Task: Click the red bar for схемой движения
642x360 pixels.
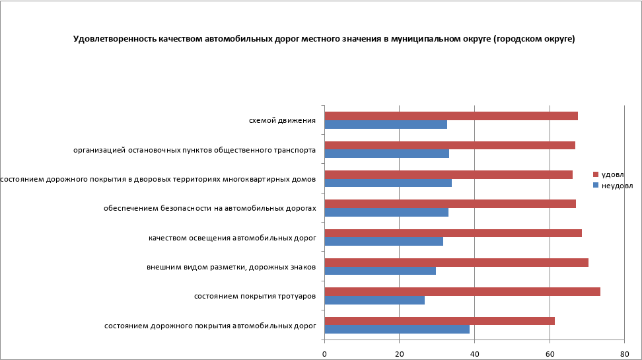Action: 451,116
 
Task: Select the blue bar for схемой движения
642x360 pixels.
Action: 386,124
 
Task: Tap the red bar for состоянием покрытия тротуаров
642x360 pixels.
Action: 462,292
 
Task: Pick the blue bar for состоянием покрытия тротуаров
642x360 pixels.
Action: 374,300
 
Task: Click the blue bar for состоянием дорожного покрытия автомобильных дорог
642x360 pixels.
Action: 397,329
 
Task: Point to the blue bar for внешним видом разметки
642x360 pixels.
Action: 380,271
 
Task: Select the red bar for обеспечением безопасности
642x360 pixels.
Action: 450,203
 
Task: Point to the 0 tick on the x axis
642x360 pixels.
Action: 324,353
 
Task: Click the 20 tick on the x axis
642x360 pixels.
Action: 399,353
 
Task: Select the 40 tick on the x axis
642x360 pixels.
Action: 474,353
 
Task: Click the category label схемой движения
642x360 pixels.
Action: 282,120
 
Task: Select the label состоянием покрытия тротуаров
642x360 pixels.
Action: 255,296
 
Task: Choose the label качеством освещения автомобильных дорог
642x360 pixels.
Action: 232,238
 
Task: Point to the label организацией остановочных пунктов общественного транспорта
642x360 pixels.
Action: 194,150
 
